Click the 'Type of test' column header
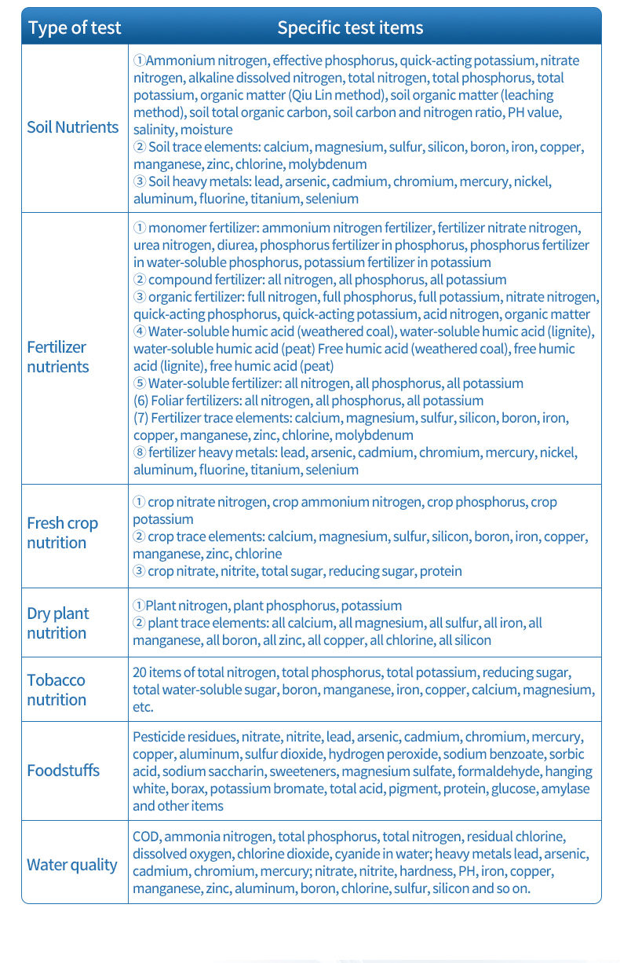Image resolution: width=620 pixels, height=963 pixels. coord(75,28)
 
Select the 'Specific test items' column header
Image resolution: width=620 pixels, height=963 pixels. coord(350,28)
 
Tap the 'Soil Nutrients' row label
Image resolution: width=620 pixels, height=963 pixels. coord(72,127)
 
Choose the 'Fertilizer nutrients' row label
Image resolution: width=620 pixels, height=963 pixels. coord(58,357)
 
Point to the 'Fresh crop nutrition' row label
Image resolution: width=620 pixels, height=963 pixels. coord(62,533)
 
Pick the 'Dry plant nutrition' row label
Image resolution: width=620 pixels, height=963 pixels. coord(57,623)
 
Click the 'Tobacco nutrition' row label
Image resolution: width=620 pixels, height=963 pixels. coord(56,690)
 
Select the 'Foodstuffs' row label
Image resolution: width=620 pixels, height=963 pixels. coord(63,771)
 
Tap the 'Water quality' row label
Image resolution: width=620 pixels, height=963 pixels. coord(71,865)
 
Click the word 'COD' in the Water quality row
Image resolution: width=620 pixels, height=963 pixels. coord(146,837)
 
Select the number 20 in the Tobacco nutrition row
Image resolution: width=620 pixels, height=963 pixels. coord(140,672)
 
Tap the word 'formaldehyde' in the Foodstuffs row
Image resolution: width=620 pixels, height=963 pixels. coord(499,771)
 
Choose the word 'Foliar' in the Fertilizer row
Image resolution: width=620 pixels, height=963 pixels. coord(168,401)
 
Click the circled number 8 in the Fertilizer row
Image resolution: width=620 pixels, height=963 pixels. coord(139,452)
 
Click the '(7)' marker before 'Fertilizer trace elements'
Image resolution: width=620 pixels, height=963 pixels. coord(140,418)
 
